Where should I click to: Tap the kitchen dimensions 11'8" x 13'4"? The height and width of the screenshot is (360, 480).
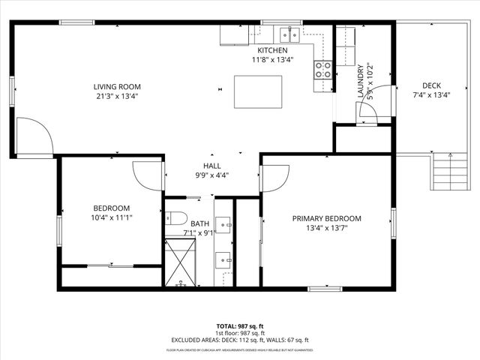click(272, 60)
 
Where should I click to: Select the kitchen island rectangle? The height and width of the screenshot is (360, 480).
click(253, 91)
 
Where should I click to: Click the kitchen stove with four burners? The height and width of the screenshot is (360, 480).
click(323, 70)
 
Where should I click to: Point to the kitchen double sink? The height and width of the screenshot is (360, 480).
click(289, 34)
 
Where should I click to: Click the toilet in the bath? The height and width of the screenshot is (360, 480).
click(174, 218)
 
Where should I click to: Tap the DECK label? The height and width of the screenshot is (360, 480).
click(431, 85)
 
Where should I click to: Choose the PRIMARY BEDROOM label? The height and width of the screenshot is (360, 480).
click(326, 219)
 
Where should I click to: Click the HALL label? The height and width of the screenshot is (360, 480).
click(211, 165)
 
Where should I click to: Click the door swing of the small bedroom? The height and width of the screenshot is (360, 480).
click(148, 175)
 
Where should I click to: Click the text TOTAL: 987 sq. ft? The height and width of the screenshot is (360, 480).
click(240, 326)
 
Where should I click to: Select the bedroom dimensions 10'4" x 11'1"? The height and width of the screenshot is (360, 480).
click(112, 218)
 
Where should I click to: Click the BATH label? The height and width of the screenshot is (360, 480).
click(200, 223)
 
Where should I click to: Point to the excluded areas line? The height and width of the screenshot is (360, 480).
click(240, 340)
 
